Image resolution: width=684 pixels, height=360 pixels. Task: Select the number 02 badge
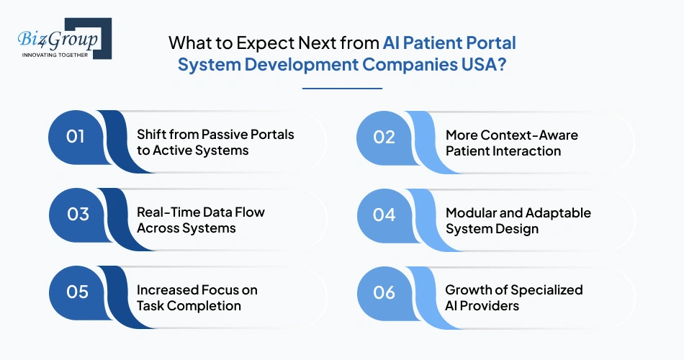pyautogui.click(x=384, y=136)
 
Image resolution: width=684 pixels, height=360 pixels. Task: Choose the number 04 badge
pyautogui.click(x=384, y=214)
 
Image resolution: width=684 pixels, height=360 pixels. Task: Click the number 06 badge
pyautogui.click(x=384, y=292)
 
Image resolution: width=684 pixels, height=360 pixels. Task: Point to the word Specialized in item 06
pyautogui.click(x=547, y=290)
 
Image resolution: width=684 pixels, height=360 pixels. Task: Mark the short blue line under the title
pyautogui.click(x=342, y=89)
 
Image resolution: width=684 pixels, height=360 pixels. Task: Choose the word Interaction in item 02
pyautogui.click(x=524, y=150)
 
